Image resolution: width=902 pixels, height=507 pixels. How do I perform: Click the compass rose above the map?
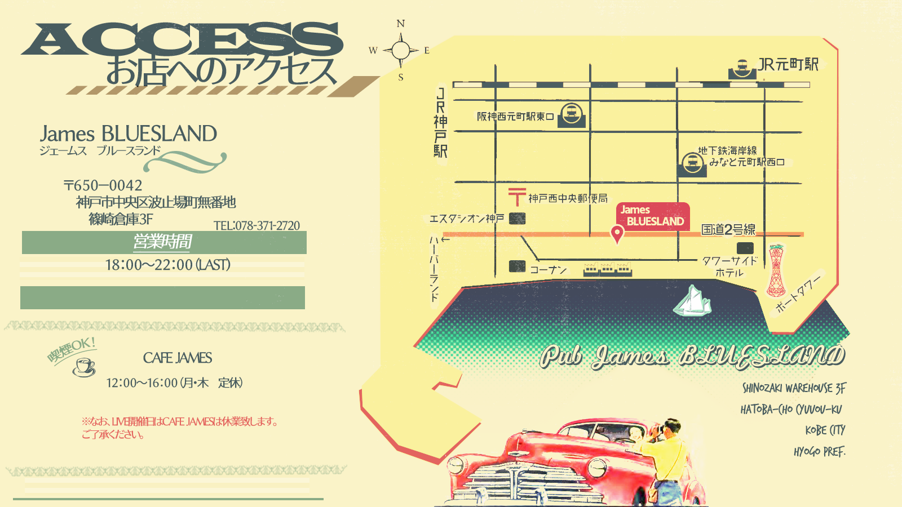pos(401,51)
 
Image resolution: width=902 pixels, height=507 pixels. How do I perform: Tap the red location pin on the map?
pos(617,233)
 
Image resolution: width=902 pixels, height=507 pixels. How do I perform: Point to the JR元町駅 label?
pos(788,64)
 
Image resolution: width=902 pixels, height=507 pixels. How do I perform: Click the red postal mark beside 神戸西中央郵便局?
pos(517,196)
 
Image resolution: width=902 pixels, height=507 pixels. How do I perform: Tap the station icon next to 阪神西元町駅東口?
pos(572,114)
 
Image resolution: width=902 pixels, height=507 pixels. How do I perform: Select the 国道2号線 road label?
pos(728,229)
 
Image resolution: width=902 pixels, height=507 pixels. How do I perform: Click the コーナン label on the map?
pos(548,270)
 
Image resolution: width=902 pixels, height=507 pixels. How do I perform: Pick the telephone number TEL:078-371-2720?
pos(257,225)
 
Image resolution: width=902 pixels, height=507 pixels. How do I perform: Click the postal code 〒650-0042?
pos(103,185)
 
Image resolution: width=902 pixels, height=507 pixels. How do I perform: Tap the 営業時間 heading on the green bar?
pos(163,242)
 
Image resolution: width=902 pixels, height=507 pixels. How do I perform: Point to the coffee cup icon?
pos(84,367)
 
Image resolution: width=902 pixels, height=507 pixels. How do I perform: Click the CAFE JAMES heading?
pos(178,358)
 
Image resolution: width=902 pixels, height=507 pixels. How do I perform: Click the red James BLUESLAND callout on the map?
pos(653,216)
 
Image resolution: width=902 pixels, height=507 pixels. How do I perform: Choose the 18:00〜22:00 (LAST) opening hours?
pos(167,265)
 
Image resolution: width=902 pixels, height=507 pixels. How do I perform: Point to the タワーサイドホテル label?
pos(729,266)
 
